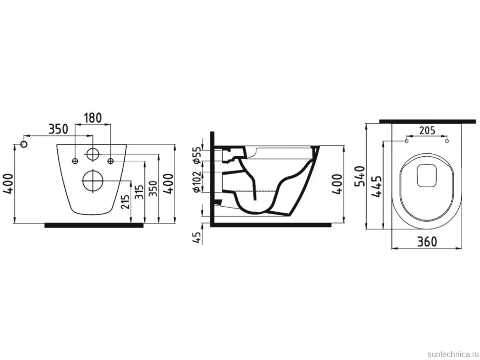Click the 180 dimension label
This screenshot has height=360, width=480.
[x=93, y=118]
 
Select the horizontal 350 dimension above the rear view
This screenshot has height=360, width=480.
[x=59, y=129]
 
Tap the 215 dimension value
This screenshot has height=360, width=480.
[x=125, y=200]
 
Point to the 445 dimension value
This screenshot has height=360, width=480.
[x=376, y=186]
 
